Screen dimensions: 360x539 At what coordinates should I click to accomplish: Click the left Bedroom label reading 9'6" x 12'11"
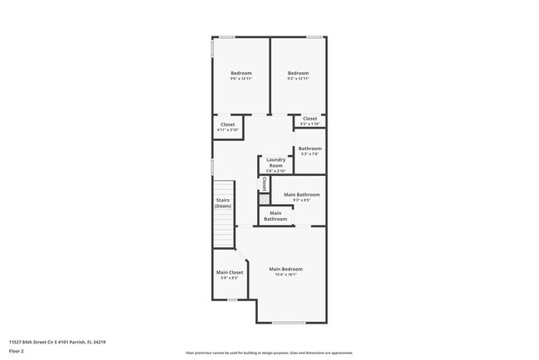tap(240, 75)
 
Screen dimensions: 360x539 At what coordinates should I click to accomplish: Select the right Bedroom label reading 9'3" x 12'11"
tap(298, 75)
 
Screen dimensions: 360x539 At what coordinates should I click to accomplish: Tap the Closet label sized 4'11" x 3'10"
tap(227, 127)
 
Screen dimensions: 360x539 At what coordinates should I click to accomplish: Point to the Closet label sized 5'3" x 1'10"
tap(309, 121)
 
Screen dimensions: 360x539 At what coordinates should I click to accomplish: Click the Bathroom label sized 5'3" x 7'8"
tap(309, 151)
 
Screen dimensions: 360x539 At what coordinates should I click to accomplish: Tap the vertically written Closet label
tap(265, 183)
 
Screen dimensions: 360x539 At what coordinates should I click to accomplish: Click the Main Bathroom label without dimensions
tap(275, 216)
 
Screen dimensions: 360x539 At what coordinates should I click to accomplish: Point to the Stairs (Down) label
tap(223, 202)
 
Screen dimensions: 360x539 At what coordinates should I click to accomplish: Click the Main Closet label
tap(230, 275)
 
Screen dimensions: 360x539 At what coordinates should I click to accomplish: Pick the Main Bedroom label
tap(285, 271)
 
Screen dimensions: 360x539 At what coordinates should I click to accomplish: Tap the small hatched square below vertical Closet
tap(265, 199)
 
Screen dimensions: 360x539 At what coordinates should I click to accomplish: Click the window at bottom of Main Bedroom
tap(289, 323)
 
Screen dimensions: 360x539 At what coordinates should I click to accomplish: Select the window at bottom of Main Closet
tap(233, 299)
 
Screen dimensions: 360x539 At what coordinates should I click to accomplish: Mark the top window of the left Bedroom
tap(226, 36)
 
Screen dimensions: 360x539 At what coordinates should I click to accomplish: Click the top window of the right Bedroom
tap(314, 36)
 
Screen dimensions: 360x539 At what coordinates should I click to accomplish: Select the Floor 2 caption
tap(17, 351)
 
